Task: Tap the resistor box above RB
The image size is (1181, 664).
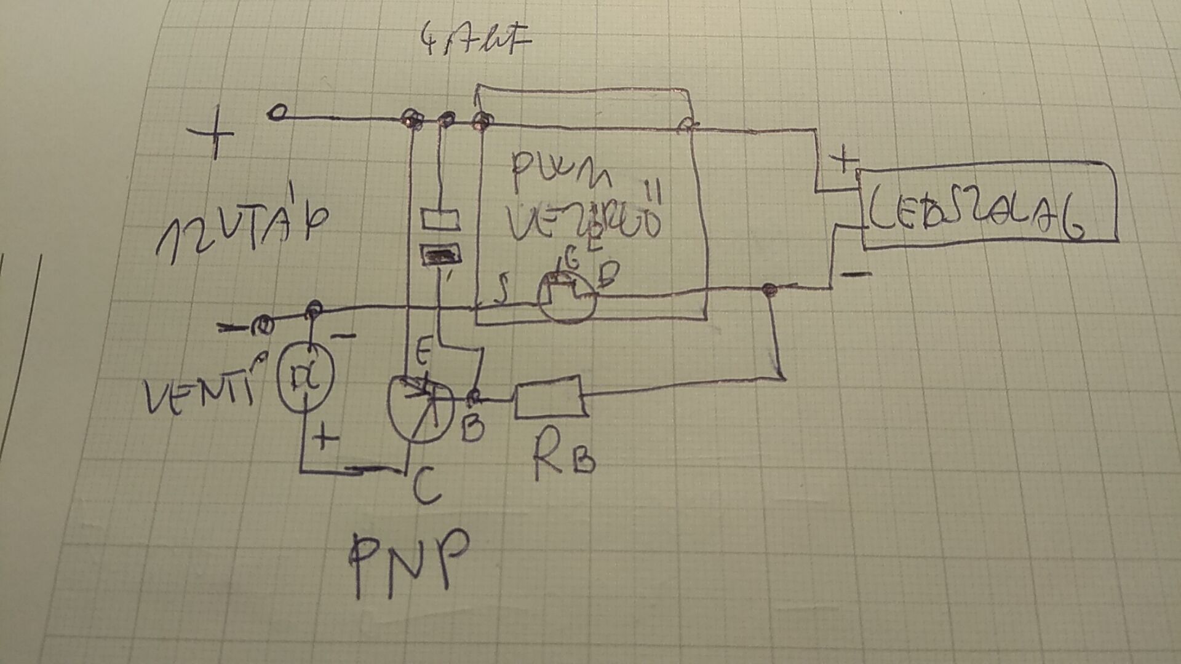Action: pos(549,398)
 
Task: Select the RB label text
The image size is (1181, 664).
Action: pos(563,455)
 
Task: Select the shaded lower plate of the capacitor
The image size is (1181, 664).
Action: pos(440,253)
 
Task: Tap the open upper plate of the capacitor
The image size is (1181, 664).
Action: pos(440,218)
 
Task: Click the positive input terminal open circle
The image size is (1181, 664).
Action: pos(278,113)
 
